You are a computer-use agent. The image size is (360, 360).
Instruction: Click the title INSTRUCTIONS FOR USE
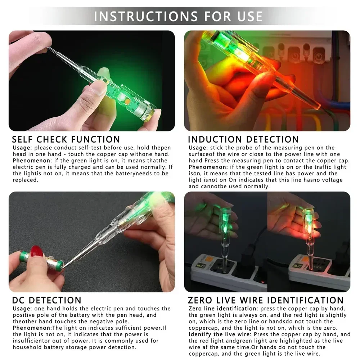pos(179,16)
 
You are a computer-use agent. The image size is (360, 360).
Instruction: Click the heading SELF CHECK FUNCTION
pos(66,139)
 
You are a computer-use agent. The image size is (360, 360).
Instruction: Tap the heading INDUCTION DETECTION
pos(243,139)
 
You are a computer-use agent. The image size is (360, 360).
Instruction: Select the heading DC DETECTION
pos(47,300)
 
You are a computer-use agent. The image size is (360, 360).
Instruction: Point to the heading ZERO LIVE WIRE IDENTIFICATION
pos(266,300)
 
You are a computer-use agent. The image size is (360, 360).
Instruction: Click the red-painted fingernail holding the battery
pos(37,251)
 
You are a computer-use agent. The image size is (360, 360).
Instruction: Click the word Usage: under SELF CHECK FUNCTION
pos(23,148)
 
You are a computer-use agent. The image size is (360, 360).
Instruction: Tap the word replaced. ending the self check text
pos(25,180)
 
